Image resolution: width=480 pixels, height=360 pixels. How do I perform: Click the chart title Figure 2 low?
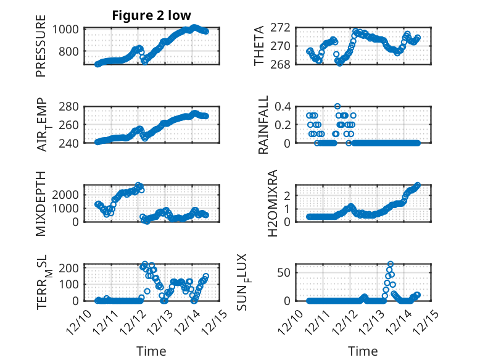pyautogui.click(x=151, y=15)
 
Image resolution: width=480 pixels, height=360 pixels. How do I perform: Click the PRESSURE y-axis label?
pyautogui.click(x=41, y=50)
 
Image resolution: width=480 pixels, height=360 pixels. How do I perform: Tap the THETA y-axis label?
pyautogui.click(x=259, y=46)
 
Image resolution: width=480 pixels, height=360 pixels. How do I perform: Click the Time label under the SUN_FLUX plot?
pyautogui.click(x=363, y=351)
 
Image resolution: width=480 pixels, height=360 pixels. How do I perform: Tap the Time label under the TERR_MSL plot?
pyautogui.click(x=151, y=351)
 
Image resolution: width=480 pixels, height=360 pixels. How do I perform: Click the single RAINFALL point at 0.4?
pyautogui.click(x=337, y=106)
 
